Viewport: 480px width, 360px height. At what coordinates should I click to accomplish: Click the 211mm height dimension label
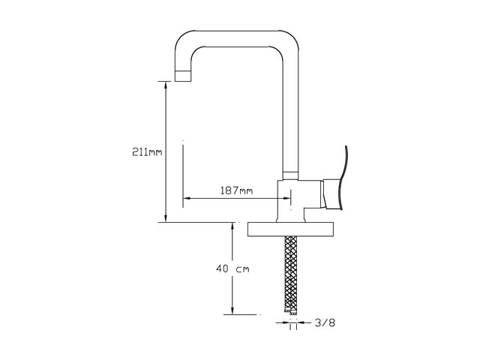click(x=147, y=151)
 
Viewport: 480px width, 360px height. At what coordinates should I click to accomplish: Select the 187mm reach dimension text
click(x=237, y=190)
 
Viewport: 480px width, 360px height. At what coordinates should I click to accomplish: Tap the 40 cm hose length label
click(x=232, y=269)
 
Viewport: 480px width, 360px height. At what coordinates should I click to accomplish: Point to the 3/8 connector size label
click(x=325, y=322)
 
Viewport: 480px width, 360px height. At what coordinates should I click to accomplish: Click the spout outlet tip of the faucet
click(x=183, y=76)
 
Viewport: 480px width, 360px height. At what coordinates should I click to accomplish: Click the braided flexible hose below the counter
click(x=291, y=274)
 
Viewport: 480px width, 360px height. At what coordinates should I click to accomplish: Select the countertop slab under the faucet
click(x=291, y=229)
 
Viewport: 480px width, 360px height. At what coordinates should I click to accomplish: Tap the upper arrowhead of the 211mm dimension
click(x=166, y=85)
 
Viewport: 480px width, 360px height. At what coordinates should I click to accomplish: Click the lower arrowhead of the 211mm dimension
click(x=166, y=218)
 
